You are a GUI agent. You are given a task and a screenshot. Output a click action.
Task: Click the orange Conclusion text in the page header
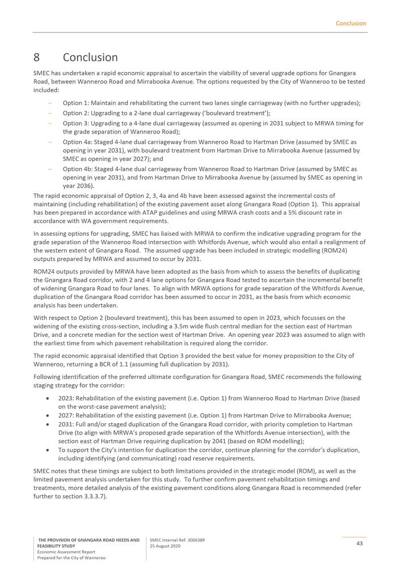click(x=351, y=23)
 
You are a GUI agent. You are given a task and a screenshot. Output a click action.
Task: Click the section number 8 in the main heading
click(x=36, y=57)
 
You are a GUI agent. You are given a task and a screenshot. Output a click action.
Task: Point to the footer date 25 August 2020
click(x=165, y=546)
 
